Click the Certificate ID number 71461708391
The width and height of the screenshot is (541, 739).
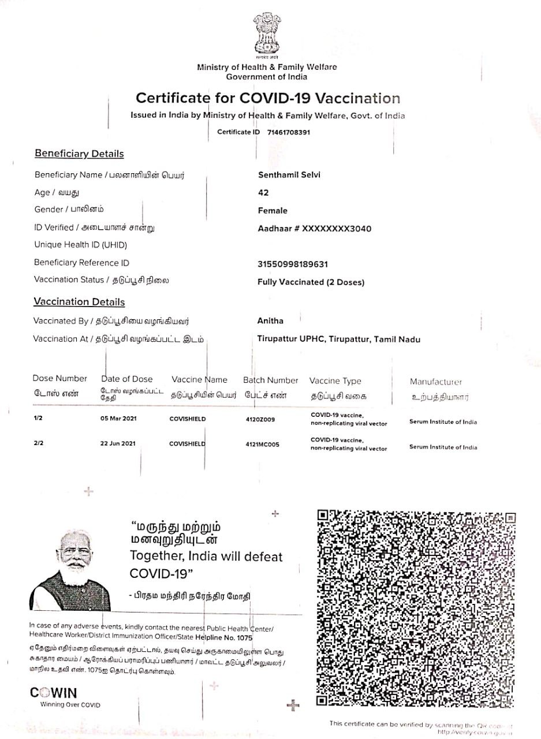pos(289,132)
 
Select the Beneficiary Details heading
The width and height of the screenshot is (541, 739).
pos(79,154)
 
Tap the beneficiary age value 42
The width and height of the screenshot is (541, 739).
pos(263,193)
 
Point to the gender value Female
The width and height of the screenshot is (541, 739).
pos(273,211)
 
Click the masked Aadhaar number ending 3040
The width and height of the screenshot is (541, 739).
pos(315,229)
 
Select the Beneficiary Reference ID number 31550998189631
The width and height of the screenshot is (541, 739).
pos(293,264)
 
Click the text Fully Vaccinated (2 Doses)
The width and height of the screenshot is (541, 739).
pos(311,282)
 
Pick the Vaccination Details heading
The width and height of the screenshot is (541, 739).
pos(79,302)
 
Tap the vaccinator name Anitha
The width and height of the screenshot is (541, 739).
pos(270,320)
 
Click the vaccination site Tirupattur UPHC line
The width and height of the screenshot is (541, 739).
pos(339,339)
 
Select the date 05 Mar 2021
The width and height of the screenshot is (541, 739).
pos(118,418)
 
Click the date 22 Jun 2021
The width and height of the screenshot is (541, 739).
pos(118,444)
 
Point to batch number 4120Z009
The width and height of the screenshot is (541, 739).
pos(260,419)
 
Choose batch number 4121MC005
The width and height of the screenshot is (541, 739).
pos(262,445)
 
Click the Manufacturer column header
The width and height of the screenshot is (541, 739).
pos(436,382)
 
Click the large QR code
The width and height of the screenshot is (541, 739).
pos(416,608)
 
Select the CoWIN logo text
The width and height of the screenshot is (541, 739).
pos(53,693)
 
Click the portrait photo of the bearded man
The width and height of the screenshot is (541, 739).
pos(70,572)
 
